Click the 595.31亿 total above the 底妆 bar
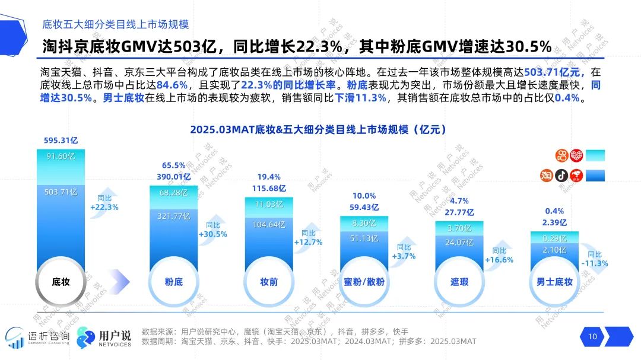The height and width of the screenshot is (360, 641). point(61,141)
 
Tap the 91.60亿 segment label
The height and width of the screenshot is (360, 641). point(61,157)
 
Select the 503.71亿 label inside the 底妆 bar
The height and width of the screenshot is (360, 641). point(61,191)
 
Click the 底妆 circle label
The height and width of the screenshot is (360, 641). point(61,282)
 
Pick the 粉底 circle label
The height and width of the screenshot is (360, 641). point(174,282)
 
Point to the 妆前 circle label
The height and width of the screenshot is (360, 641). point(269,282)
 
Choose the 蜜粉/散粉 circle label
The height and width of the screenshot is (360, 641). point(364,282)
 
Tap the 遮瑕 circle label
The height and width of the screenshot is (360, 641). point(459,282)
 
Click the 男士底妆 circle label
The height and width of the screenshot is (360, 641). point(554,282)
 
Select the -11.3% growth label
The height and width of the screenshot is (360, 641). point(595,263)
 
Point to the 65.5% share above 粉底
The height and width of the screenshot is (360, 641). point(173,165)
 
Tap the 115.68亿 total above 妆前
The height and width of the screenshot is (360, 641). point(269,188)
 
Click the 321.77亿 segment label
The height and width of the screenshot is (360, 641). point(173,216)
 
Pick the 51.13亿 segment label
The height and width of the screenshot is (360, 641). point(364,238)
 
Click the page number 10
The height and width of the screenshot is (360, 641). point(592,337)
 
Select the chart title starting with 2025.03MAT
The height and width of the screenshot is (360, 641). point(318,129)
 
